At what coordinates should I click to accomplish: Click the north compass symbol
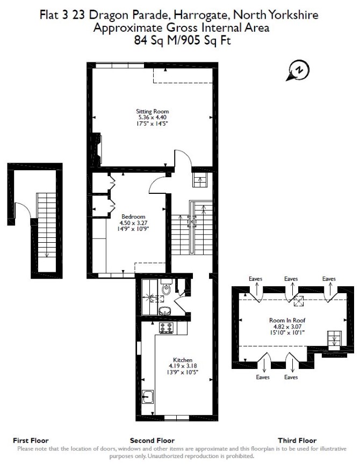[298, 70]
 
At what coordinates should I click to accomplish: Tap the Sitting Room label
[153, 112]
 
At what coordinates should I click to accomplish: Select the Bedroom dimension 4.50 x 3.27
[133, 223]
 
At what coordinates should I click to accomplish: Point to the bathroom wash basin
[165, 311]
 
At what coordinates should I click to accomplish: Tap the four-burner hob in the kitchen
[167, 328]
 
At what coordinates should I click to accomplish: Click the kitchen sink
[147, 397]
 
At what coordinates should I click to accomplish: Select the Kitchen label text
[183, 360]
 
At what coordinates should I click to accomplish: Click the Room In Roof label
[287, 320]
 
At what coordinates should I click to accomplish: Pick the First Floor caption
[31, 440]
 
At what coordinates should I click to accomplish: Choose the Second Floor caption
[152, 440]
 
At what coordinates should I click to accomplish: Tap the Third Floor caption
[297, 440]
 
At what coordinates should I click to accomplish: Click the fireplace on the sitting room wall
[97, 149]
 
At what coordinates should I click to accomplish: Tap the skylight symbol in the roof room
[298, 301]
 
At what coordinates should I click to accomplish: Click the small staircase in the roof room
[335, 338]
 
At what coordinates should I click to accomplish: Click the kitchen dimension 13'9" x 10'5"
[183, 372]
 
